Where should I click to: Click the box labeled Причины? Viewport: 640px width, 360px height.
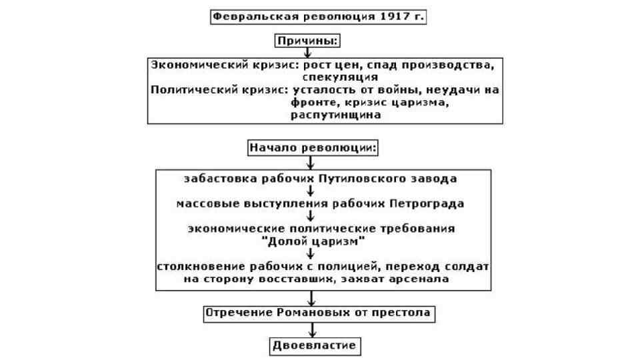(308, 41)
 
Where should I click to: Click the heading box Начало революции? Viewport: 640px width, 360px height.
(313, 147)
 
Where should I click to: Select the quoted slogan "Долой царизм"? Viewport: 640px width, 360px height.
(312, 239)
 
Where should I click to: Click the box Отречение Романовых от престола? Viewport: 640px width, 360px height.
(313, 313)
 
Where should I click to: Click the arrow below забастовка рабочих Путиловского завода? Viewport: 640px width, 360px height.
(311, 191)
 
